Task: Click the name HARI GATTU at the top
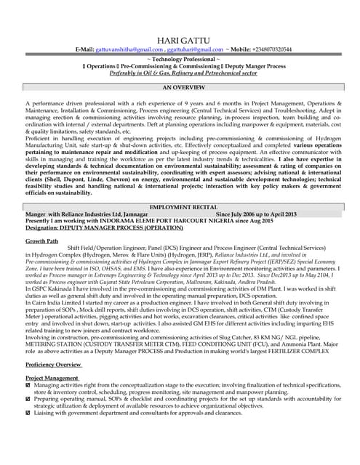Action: click(x=180, y=39)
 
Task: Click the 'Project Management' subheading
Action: click(x=52, y=378)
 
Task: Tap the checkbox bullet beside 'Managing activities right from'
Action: click(x=28, y=385)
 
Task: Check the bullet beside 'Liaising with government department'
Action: click(x=28, y=412)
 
